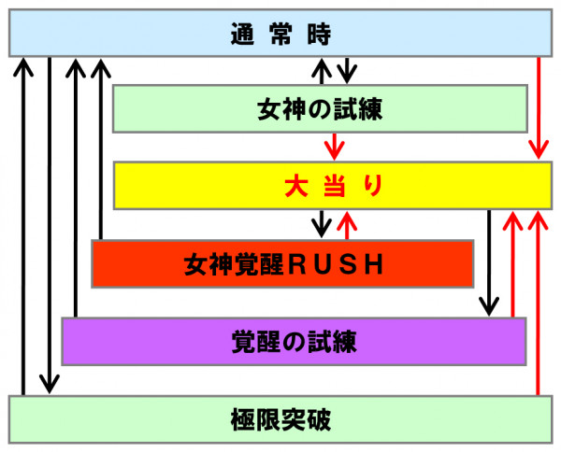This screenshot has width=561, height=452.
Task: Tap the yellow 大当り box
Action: click(x=332, y=185)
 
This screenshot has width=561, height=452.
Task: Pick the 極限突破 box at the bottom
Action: click(x=280, y=417)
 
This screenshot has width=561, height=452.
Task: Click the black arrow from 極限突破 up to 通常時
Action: click(x=22, y=224)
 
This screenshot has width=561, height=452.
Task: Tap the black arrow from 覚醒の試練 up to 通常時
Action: click(x=75, y=187)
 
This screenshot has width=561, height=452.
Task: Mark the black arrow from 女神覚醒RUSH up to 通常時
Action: click(x=99, y=149)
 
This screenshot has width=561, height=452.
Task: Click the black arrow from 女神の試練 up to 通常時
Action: click(x=322, y=71)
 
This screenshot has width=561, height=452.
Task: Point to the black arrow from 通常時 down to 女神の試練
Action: click(x=347, y=71)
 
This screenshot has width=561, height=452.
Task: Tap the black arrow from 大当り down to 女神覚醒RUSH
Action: click(x=322, y=223)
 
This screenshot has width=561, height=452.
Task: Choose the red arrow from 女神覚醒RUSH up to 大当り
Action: click(x=347, y=225)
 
